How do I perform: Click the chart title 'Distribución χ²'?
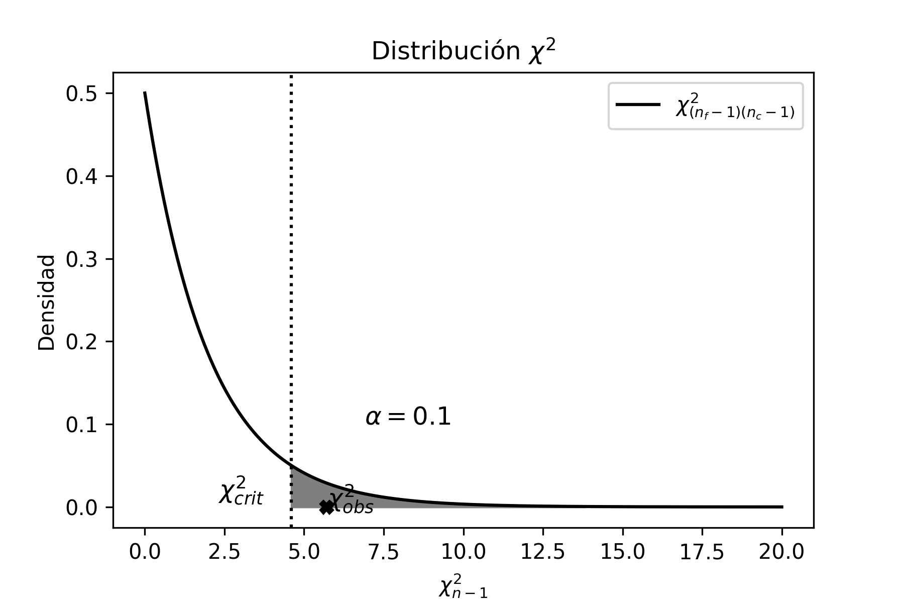[464, 52]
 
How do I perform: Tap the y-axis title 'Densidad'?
[47, 302]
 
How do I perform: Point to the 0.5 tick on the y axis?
[82, 94]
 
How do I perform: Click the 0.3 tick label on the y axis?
[82, 259]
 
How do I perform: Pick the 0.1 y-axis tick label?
[82, 425]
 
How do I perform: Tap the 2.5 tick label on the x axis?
[224, 552]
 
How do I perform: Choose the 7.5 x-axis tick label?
[384, 552]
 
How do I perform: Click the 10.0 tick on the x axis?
[463, 552]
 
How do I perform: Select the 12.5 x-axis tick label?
[543, 552]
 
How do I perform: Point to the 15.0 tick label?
[623, 552]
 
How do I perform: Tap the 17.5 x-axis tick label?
[702, 552]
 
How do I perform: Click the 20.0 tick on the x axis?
[781, 552]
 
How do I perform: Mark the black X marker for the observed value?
[326, 507]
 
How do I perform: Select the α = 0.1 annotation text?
[408, 417]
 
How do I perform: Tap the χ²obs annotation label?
[352, 500]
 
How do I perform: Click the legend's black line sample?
[638, 105]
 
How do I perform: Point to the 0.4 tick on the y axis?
[82, 176]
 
